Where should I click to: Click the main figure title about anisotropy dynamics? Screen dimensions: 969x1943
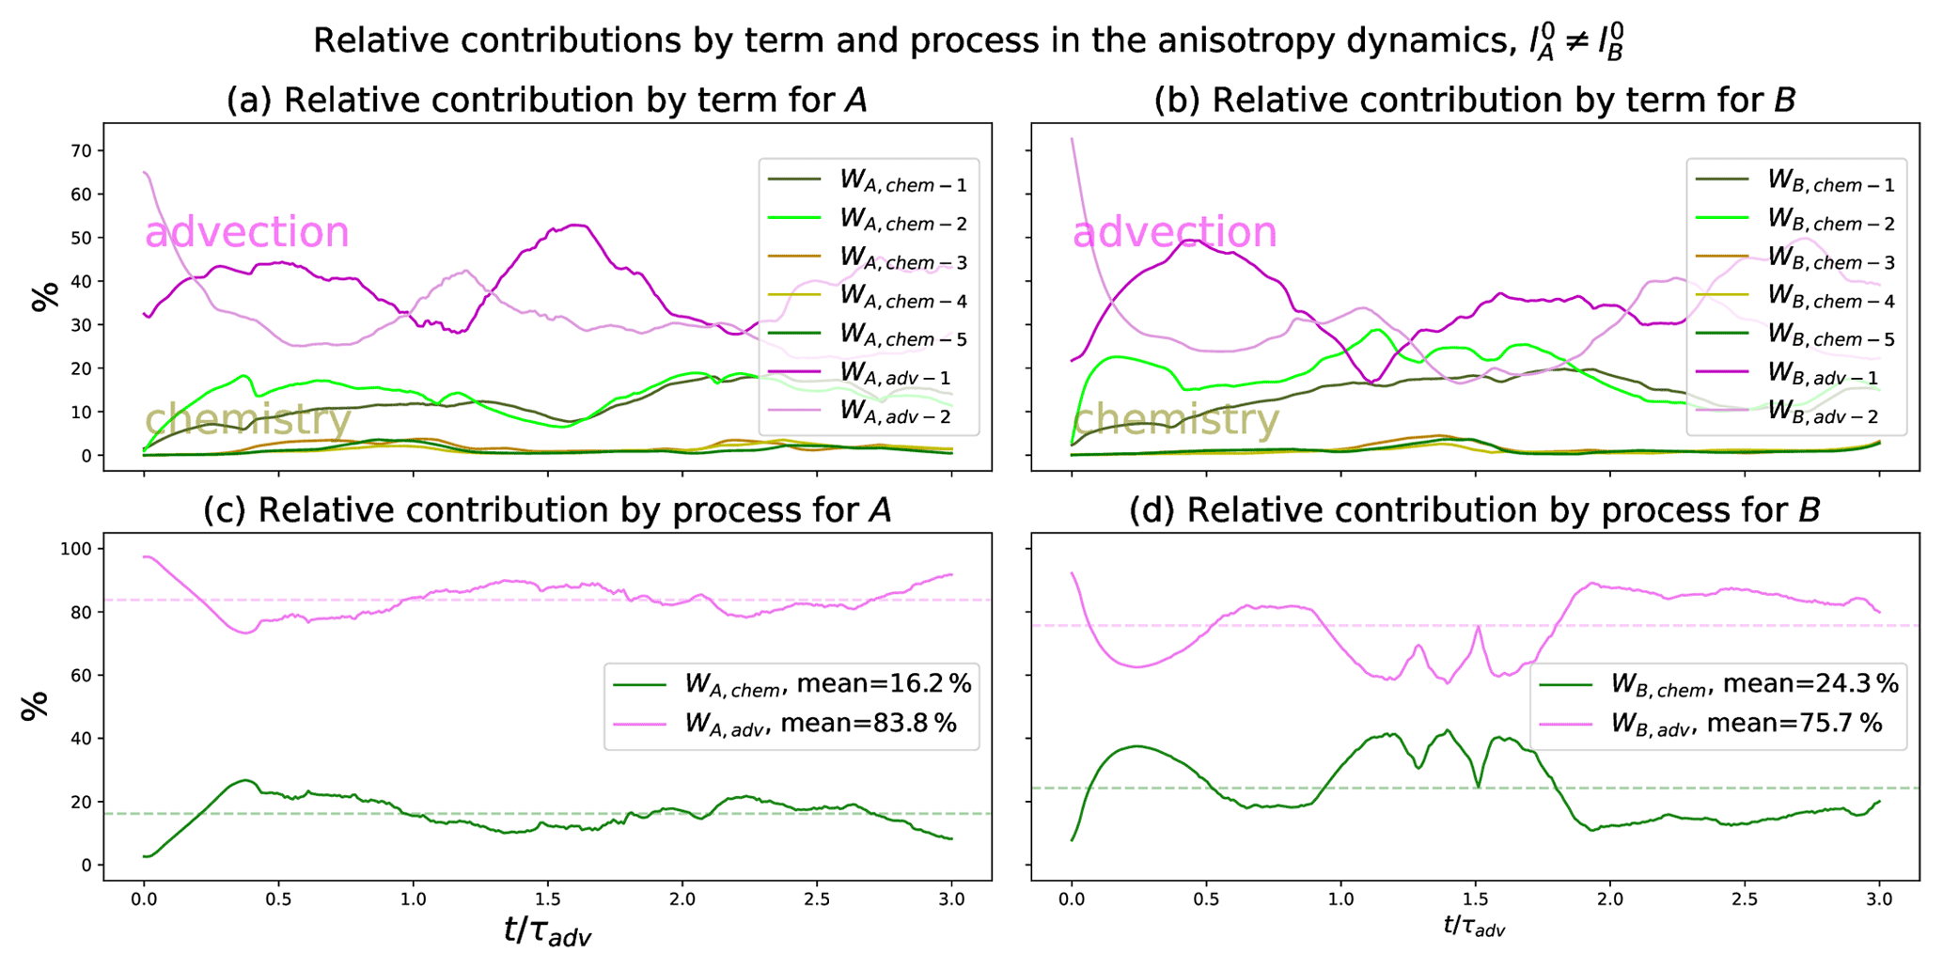pyautogui.click(x=968, y=42)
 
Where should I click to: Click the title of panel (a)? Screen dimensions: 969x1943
pyautogui.click(x=546, y=101)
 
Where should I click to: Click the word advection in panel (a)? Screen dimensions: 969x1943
pyautogui.click(x=246, y=232)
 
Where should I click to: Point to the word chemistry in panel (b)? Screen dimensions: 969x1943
pyautogui.click(x=1176, y=419)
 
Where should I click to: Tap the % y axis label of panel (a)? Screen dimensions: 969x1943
pyautogui.click(x=44, y=295)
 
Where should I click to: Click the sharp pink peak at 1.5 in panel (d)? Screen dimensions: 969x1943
pyautogui.click(x=1478, y=627)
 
